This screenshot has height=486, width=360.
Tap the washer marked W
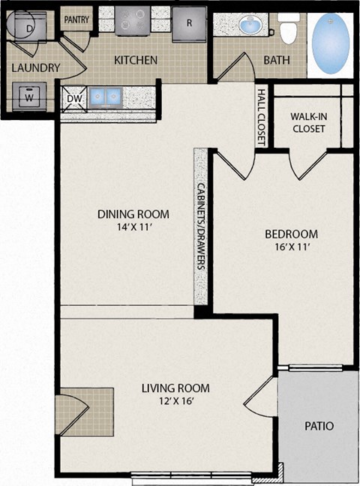click(29, 96)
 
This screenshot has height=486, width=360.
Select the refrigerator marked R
click(189, 24)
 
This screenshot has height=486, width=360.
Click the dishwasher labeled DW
click(74, 98)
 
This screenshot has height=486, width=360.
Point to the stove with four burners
click(133, 19)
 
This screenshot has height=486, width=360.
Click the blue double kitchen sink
click(105, 97)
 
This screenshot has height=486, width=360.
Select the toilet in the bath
click(289, 28)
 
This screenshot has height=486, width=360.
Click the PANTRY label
click(76, 19)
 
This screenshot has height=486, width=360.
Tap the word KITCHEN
click(136, 60)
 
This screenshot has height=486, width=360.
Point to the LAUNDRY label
click(36, 67)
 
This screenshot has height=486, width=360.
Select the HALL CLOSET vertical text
click(262, 117)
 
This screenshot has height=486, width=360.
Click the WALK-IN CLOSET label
click(308, 123)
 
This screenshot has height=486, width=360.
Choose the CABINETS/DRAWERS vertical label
click(201, 227)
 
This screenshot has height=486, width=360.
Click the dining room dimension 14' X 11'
click(133, 228)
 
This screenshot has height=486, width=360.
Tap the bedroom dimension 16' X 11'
click(292, 247)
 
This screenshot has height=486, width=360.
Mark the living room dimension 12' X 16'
click(175, 401)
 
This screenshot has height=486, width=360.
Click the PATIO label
click(319, 426)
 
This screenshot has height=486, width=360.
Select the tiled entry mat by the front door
click(84, 412)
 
